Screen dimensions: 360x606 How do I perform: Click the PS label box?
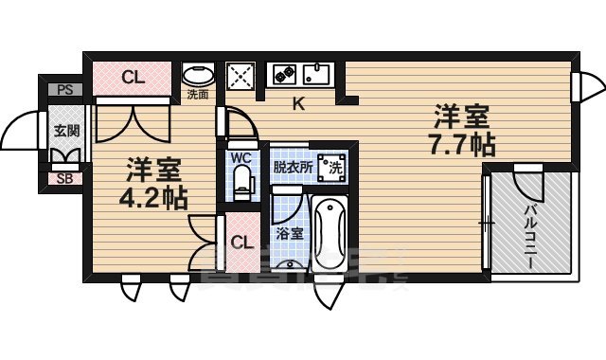coord(64,90)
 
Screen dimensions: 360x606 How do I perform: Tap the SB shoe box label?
coord(64,177)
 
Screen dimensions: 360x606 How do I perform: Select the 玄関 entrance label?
coord(64,131)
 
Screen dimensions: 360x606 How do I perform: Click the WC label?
coord(241,156)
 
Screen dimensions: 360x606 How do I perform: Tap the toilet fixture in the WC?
coord(241,183)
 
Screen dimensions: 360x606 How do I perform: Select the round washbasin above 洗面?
coord(198,75)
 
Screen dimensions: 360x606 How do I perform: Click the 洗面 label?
coord(197,95)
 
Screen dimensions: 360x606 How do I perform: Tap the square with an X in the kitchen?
coord(240,75)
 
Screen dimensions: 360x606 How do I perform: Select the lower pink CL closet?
coord(242,242)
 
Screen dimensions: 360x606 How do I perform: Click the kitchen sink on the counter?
coord(317,73)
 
